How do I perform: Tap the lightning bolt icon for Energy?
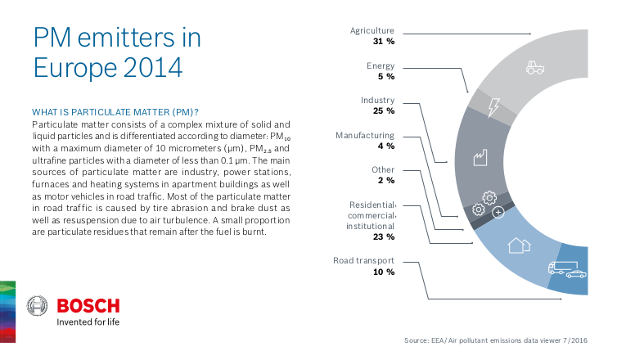click(493, 107)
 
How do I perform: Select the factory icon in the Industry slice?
click(480, 156)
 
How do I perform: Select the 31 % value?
click(384, 41)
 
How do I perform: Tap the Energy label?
click(381, 65)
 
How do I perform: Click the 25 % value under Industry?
click(384, 110)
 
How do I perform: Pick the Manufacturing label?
click(365, 135)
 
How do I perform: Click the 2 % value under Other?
click(386, 180)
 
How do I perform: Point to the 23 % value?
click(384, 236)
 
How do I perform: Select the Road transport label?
click(363, 260)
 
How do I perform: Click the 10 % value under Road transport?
click(384, 272)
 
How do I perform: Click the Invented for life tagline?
click(88, 322)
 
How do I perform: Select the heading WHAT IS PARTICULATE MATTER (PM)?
click(115, 111)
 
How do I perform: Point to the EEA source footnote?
click(497, 340)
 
